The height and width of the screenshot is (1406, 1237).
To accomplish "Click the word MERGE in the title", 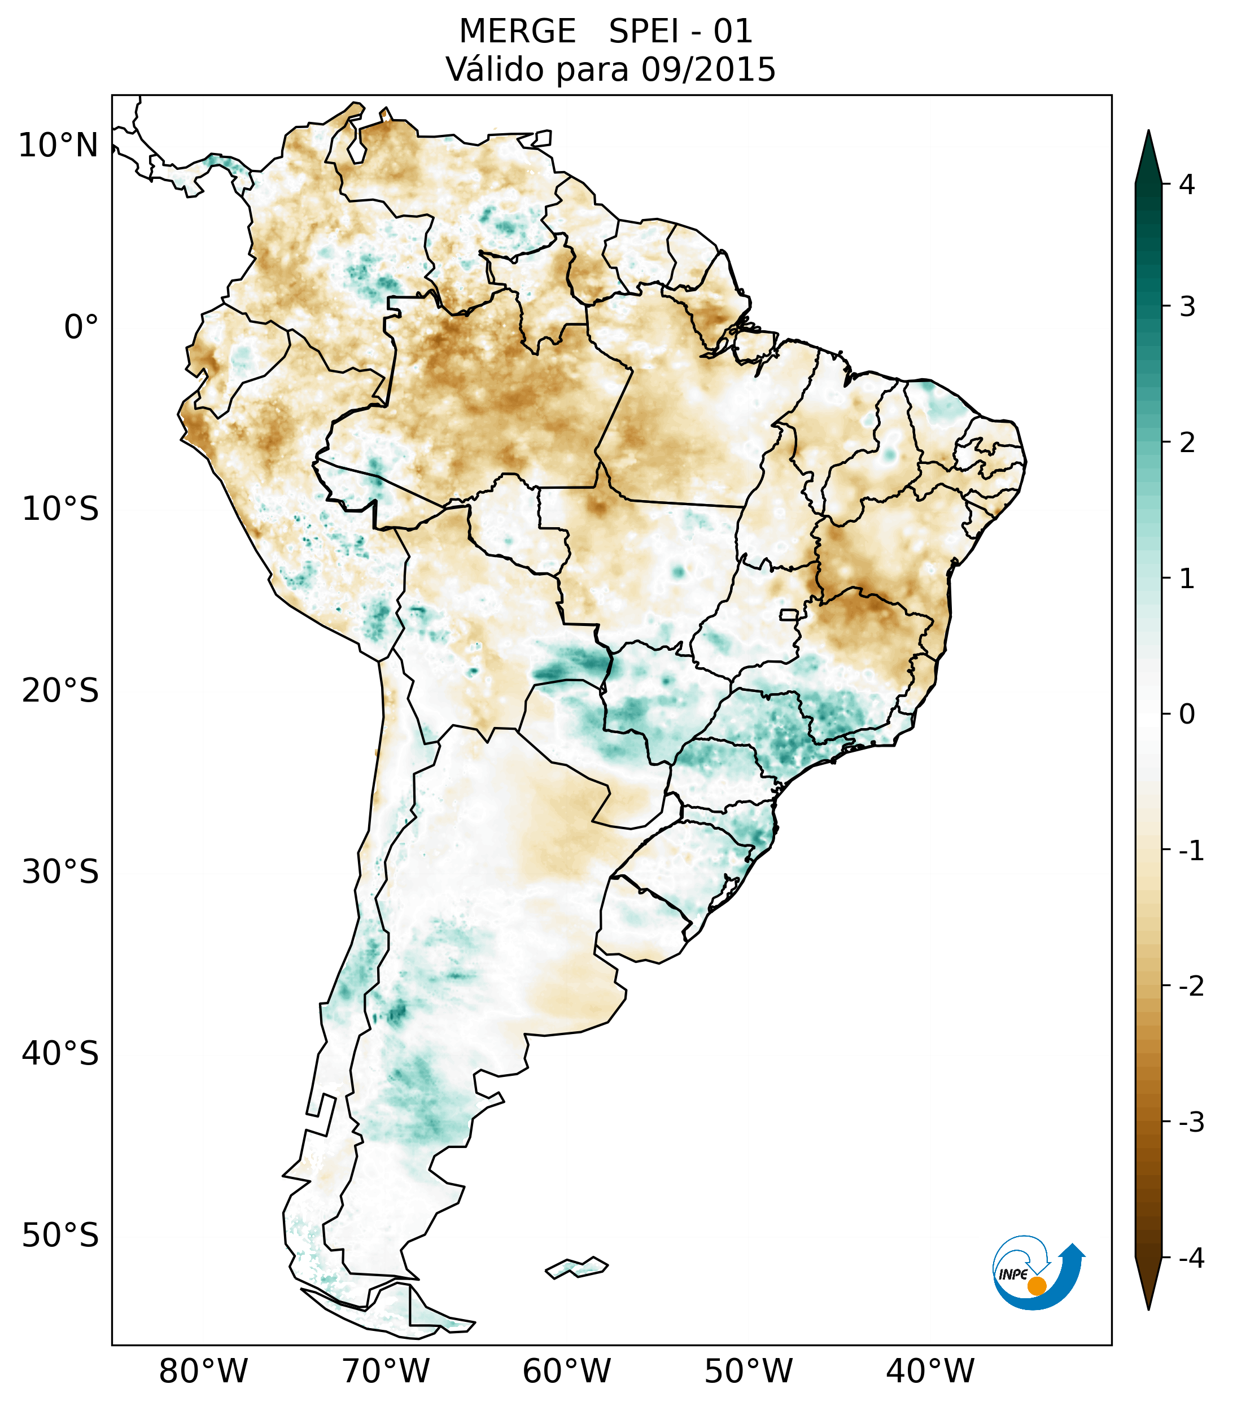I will coord(517,32).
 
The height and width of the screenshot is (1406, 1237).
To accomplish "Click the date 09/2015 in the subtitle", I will coord(708,69).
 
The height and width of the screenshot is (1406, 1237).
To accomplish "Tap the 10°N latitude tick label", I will coord(59,146).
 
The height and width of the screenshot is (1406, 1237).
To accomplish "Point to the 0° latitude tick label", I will coord(81,327).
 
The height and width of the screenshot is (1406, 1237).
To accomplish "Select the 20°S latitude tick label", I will coord(60,690).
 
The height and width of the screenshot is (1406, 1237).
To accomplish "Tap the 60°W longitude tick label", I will coord(566,1372).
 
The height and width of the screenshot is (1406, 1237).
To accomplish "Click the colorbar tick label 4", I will coord(1187,185).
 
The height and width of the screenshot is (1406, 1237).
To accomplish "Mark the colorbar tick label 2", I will coord(1187,443).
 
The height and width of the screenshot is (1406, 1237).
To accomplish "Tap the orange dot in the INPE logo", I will coord(1037,1286).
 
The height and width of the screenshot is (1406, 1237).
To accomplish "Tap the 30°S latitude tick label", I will coord(60,872).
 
